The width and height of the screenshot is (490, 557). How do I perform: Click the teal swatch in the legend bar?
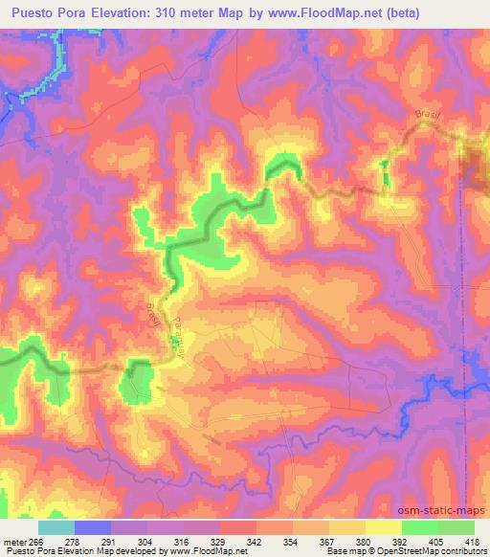(x=56, y=527)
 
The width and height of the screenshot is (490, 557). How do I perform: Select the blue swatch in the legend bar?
(x=93, y=527)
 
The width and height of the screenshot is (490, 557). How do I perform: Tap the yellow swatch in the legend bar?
(x=383, y=527)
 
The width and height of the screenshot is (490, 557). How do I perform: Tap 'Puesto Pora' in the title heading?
(x=53, y=11)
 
